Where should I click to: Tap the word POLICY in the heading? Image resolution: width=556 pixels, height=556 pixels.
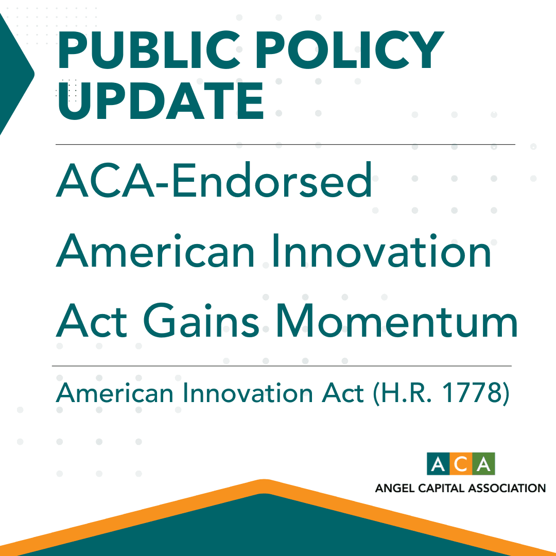(340, 51)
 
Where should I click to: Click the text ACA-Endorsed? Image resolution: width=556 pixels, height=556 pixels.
(214, 180)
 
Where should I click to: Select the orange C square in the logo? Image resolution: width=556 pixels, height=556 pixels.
(461, 464)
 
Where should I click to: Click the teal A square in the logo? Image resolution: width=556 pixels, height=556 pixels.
(438, 464)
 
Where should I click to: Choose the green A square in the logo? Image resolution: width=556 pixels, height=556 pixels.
(483, 464)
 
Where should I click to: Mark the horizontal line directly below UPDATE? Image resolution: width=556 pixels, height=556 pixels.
(285, 145)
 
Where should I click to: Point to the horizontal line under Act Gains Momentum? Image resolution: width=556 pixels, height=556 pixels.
(282, 366)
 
